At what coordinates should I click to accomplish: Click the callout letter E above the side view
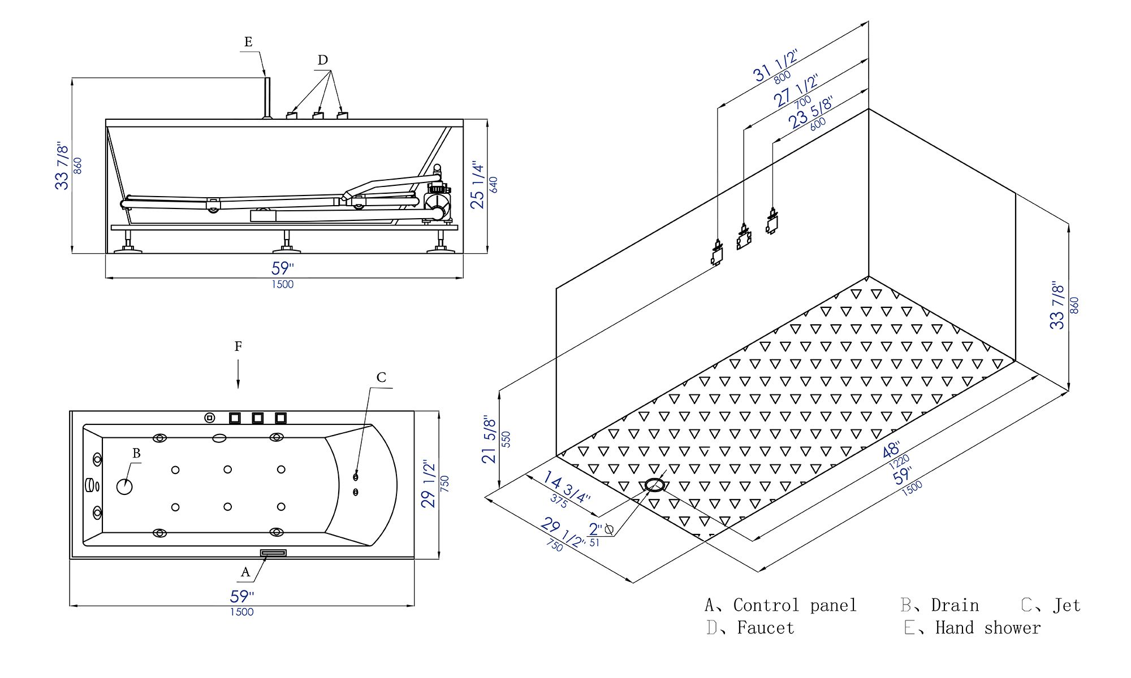coord(248,42)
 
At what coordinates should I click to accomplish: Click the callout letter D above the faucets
coord(322,60)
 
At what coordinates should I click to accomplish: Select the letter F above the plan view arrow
coord(238,346)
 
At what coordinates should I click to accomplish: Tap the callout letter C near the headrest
coord(381,377)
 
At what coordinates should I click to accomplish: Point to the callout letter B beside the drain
coord(136,453)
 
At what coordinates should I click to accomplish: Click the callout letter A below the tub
coord(245,572)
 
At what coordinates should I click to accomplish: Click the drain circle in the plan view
coord(124,486)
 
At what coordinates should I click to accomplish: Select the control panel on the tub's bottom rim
coord(273,553)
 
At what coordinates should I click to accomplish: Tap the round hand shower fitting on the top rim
coord(210,418)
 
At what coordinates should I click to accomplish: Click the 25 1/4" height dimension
coord(477,185)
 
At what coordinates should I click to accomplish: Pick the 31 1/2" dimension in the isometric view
coord(775,67)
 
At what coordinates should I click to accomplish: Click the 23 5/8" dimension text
coord(810,112)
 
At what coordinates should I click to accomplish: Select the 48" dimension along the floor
coord(891,450)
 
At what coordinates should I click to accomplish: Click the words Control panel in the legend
coord(795,605)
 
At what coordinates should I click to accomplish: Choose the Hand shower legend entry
coord(987,628)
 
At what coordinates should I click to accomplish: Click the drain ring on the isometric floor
coord(654,485)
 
